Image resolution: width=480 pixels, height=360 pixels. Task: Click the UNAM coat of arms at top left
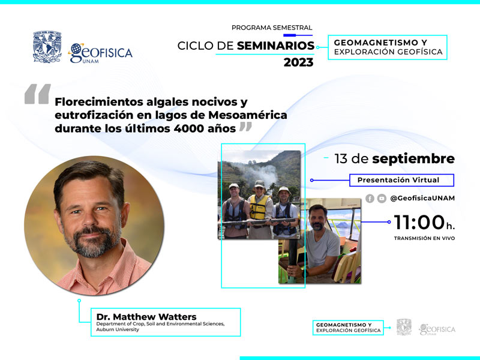(x=47, y=47)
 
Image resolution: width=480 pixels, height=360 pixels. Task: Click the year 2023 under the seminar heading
(x=298, y=62)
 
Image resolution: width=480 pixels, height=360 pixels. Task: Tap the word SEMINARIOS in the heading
(x=275, y=46)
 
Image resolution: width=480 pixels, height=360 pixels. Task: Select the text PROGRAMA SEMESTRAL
(x=272, y=28)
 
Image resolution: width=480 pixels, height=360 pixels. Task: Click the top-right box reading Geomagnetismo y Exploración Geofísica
(x=388, y=47)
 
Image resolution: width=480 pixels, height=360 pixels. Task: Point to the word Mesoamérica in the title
(x=248, y=115)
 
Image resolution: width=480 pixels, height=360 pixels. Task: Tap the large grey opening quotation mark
(x=38, y=94)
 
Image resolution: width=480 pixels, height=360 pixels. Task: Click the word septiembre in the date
(x=413, y=159)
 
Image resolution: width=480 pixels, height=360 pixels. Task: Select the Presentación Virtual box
(x=401, y=180)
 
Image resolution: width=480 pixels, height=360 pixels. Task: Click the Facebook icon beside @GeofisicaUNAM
(x=370, y=199)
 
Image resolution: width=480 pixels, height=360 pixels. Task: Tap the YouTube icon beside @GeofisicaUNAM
(x=382, y=199)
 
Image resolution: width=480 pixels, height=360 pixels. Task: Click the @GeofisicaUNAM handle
(x=422, y=199)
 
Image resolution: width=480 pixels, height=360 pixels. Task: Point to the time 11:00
(x=419, y=222)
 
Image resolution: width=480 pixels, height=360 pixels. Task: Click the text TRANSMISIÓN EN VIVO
(x=424, y=238)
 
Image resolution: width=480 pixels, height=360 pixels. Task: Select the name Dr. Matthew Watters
(x=146, y=317)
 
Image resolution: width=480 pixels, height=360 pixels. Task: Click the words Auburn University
(x=118, y=329)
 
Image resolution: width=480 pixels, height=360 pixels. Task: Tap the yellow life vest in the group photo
(x=259, y=207)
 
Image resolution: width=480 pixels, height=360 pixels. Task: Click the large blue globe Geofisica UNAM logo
(x=100, y=53)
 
